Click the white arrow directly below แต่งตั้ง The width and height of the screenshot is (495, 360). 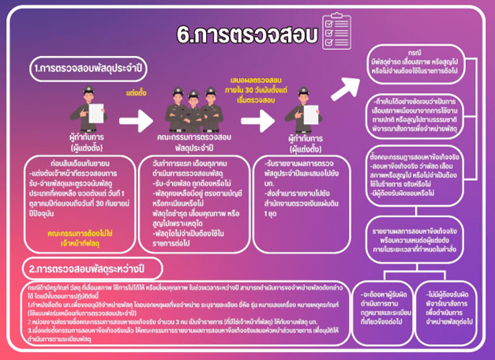pyautogui.click(x=137, y=120)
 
